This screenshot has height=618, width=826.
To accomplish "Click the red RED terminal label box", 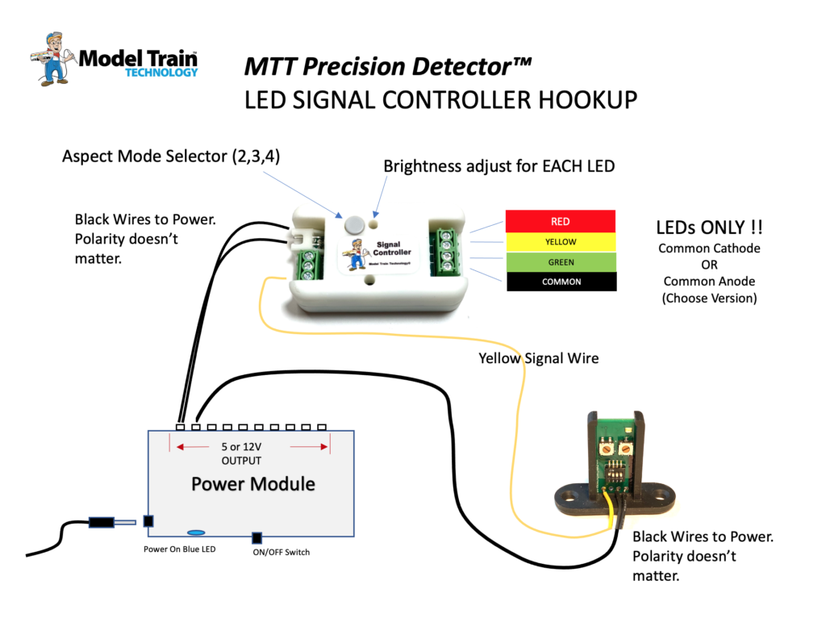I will [560, 221].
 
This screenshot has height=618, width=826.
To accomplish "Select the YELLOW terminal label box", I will [560, 241].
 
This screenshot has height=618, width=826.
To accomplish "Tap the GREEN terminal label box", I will [560, 261].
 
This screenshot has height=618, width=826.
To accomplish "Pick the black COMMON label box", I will [560, 282].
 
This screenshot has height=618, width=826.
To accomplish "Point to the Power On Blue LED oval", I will [196, 532].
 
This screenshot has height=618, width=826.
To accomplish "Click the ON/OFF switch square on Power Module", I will [257, 538].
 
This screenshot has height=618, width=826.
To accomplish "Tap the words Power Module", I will [252, 484].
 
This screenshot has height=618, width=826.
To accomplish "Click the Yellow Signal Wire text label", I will [538, 357].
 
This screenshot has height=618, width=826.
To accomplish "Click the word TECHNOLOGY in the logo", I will [161, 73].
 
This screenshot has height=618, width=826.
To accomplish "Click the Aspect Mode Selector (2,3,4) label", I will [171, 156].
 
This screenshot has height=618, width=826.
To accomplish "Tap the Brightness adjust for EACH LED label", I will [499, 167].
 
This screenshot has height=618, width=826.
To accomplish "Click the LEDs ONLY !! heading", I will [711, 228].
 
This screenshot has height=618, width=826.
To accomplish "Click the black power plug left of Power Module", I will [101, 522].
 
